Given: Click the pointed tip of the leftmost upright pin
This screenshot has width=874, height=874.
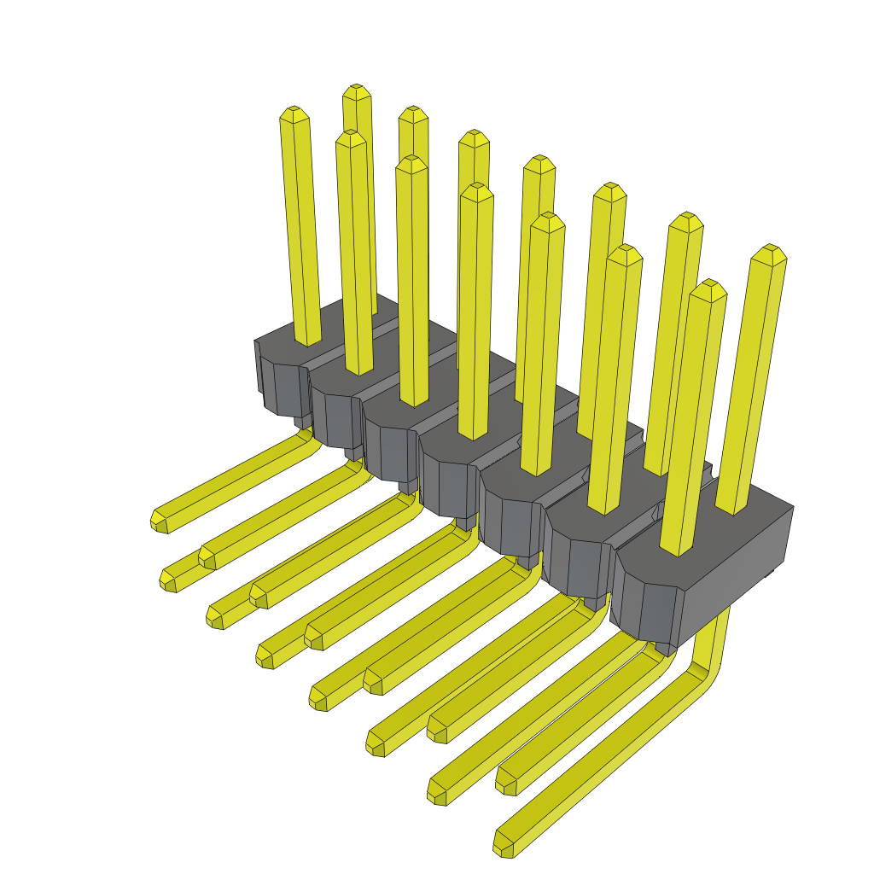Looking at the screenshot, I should tap(293, 112).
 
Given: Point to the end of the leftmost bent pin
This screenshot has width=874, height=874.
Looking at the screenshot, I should tap(159, 520).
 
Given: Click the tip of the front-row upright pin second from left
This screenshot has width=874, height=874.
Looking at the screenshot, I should tap(351, 136).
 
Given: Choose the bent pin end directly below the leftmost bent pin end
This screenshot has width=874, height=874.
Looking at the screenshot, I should tap(167, 581).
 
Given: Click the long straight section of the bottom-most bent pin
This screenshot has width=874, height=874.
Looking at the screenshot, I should tap(597, 764).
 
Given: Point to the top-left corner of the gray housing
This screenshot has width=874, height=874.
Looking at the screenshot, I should tap(257, 341).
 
